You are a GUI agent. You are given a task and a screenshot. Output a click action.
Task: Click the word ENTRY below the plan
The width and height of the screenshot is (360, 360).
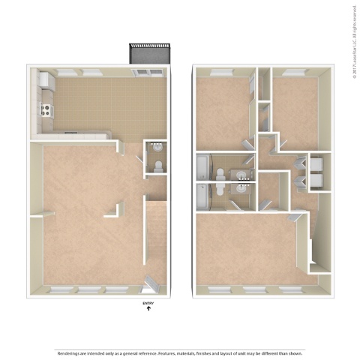(x=148, y=302)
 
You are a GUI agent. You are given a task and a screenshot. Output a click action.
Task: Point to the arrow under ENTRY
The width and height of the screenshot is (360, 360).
(x=148, y=308)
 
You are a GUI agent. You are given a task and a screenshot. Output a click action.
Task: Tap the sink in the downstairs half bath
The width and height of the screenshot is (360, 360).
(x=158, y=166)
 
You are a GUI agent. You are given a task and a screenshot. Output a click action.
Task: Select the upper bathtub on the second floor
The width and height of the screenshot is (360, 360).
(x=203, y=166)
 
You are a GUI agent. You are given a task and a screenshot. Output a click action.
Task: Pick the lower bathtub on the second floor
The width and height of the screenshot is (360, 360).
(x=203, y=196)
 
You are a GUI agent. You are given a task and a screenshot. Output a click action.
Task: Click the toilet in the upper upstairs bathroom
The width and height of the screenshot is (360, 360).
(x=220, y=175)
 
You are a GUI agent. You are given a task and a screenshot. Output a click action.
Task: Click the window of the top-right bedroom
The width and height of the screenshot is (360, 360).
(x=294, y=72)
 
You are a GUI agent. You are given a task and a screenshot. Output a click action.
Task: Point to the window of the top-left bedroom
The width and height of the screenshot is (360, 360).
(x=223, y=72)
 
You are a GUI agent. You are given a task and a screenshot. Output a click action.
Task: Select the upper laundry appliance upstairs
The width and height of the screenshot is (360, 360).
(x=317, y=163)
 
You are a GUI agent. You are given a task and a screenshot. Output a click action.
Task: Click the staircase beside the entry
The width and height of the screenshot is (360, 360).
(x=155, y=232)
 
